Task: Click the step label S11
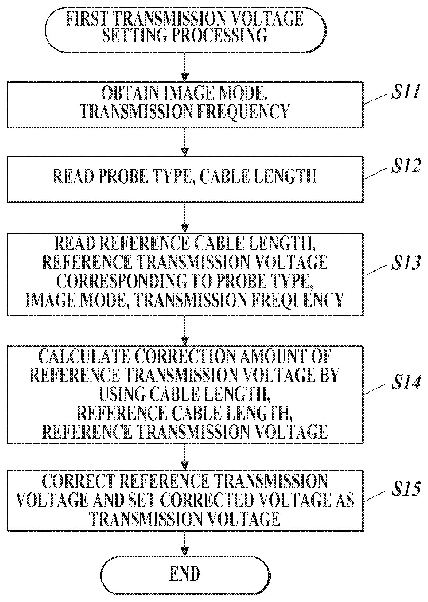point(405,92)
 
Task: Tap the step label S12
point(405,167)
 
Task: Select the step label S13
point(405,264)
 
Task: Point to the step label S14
point(405,383)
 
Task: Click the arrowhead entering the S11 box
point(185,77)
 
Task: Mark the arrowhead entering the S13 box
point(185,228)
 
